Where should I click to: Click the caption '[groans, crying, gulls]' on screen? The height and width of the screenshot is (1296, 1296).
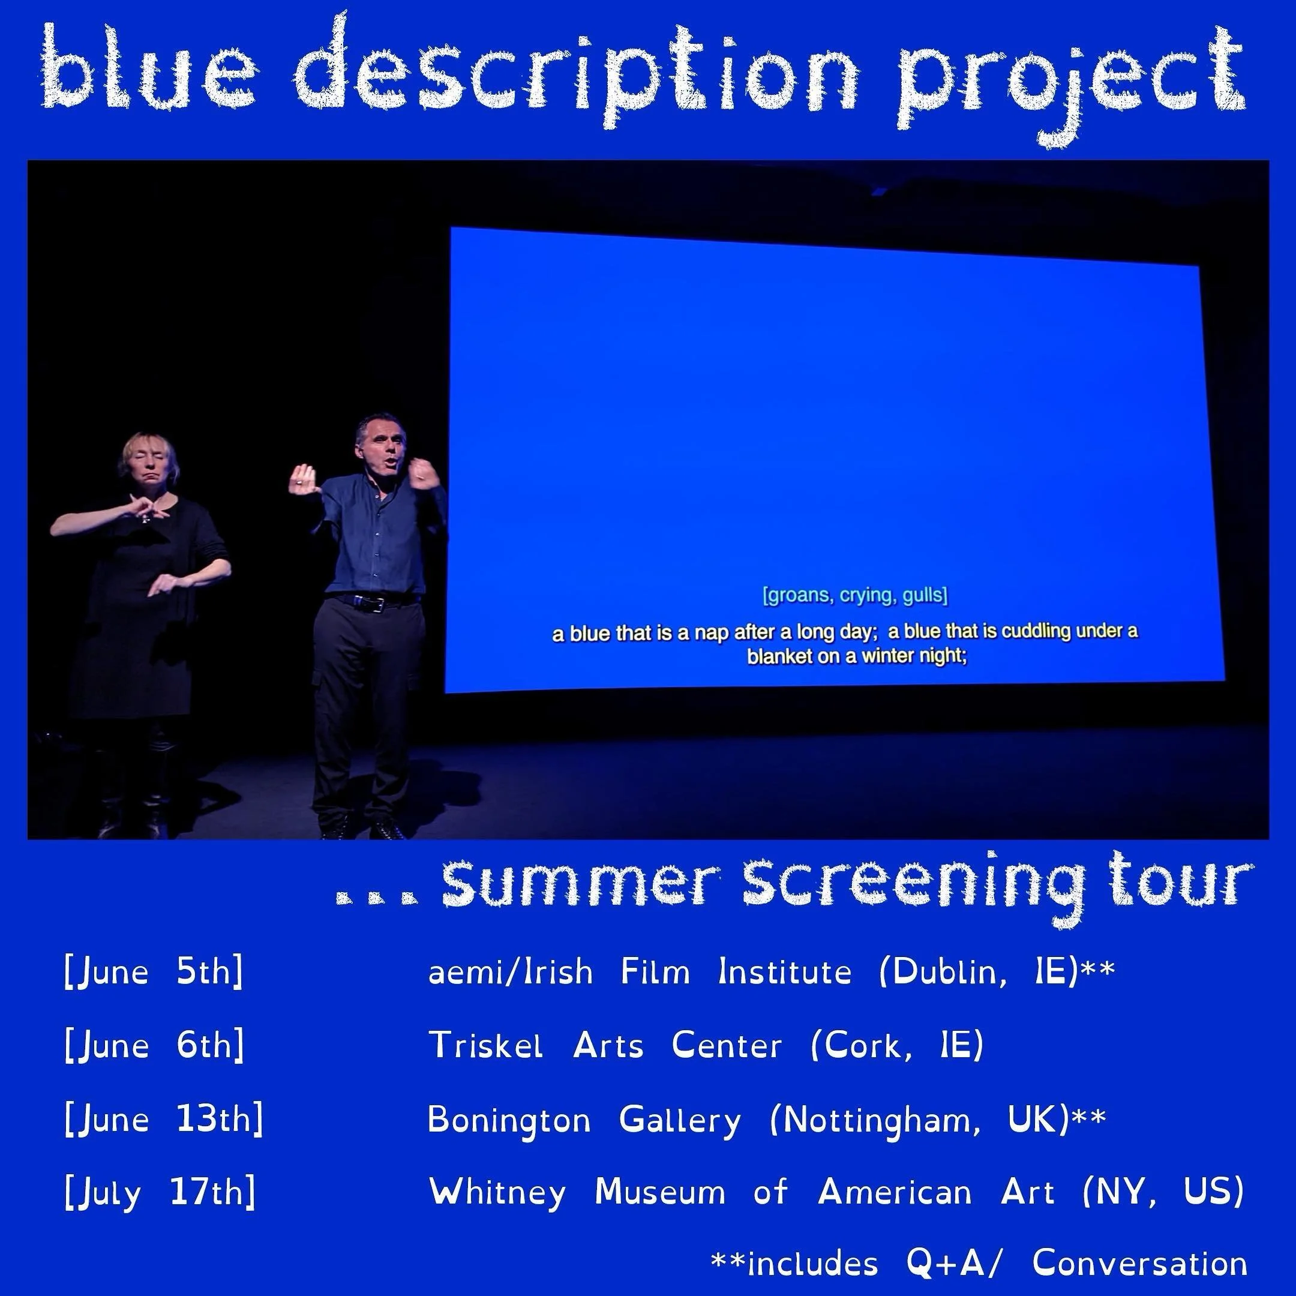[x=855, y=595]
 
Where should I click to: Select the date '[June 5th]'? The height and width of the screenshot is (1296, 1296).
[x=154, y=972]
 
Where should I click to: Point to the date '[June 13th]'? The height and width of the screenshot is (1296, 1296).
[x=164, y=1120]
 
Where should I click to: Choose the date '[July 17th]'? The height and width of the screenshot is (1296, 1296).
[x=160, y=1193]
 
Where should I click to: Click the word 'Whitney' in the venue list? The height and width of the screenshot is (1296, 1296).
[x=497, y=1193]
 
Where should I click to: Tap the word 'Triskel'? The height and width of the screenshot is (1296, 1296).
[x=485, y=1046]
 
